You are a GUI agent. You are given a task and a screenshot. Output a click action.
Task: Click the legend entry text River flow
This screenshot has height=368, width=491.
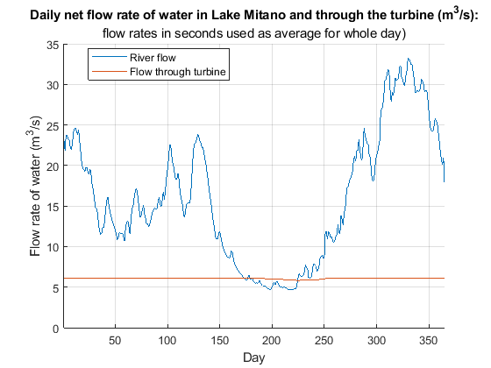[x=153, y=58]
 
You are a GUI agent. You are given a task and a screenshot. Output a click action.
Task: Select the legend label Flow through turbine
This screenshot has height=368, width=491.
[x=177, y=72]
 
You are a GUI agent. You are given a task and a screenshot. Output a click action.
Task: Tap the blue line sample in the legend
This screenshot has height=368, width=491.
[x=109, y=57]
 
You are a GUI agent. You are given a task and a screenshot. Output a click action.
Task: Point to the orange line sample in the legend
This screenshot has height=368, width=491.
[x=109, y=71]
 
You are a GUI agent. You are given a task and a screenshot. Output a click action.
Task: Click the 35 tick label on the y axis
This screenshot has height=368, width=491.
[x=53, y=45]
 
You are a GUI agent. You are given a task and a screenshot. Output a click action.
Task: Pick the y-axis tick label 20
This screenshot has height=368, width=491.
[x=53, y=166]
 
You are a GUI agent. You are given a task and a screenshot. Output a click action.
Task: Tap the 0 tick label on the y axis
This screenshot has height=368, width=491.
[x=56, y=329]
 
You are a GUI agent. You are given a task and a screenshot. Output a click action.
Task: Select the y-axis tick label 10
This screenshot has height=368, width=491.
[x=53, y=247]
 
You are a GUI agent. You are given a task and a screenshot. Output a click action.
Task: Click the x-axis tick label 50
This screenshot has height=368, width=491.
[x=115, y=341]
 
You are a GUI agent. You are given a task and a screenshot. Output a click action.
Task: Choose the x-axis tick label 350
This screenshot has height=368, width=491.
[x=428, y=341]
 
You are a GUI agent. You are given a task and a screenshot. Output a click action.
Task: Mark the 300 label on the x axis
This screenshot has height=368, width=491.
[x=376, y=341]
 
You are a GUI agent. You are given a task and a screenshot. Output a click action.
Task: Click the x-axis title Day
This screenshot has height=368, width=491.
[x=254, y=357]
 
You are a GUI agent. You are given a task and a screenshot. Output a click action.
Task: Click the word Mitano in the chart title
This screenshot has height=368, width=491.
[x=264, y=15]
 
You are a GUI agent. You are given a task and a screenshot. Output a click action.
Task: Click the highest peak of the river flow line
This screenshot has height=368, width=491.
[x=409, y=58]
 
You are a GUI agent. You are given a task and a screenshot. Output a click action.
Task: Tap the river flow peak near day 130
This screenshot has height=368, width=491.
[x=197, y=135]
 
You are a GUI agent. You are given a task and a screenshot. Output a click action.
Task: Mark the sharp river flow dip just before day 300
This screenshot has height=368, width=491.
[x=373, y=180]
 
